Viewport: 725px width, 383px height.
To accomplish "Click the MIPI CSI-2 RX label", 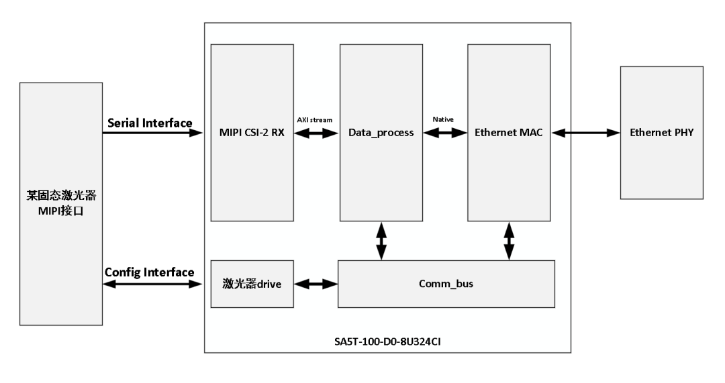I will point(252,133).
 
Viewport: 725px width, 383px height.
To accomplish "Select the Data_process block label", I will point(381,133).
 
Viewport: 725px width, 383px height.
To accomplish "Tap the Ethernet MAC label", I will point(509,133).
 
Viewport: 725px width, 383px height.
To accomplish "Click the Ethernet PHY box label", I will point(661,133).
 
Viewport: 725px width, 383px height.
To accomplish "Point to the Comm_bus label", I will point(446,284).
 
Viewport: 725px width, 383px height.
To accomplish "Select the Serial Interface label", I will point(150,123).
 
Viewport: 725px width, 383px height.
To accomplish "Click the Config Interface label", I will point(149,272).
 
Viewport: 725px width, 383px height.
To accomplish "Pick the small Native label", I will point(444,119).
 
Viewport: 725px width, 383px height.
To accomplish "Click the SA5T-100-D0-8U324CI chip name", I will point(387,341).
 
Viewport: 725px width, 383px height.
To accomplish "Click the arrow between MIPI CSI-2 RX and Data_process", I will point(316,133).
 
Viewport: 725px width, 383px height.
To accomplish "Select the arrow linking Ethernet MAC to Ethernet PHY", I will point(585,133).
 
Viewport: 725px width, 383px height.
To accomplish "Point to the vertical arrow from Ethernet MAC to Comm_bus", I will point(509,240).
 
